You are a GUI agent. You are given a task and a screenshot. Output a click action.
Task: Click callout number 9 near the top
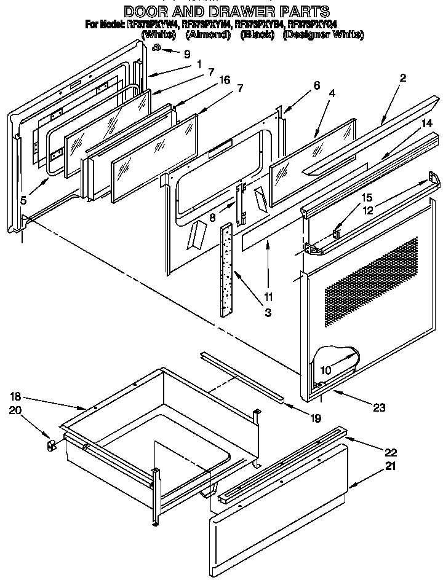[x=186, y=53]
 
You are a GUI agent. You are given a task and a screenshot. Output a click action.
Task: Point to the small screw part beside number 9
[x=158, y=49]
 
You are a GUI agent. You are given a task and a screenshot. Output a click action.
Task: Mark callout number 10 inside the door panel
[x=325, y=370]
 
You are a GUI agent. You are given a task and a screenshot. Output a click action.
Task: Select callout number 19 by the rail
[x=315, y=418]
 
